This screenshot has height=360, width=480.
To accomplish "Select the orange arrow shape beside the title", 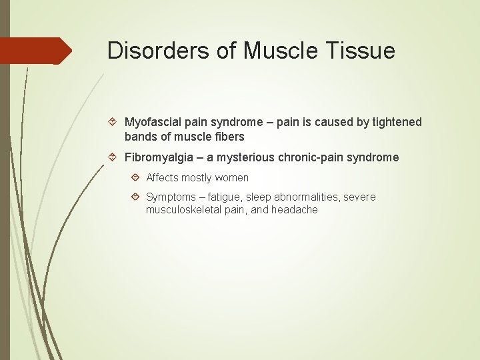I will point(36,51).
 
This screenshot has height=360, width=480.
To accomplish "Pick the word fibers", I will point(229,137).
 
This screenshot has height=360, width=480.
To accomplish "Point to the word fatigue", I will point(225,197).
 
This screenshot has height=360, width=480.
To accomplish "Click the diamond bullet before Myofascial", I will point(113,122).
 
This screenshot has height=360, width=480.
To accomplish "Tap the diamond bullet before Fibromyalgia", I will point(113,157).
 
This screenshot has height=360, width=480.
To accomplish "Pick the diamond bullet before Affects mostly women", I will point(135,178).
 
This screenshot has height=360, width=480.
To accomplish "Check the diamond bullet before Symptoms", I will point(135,197).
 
